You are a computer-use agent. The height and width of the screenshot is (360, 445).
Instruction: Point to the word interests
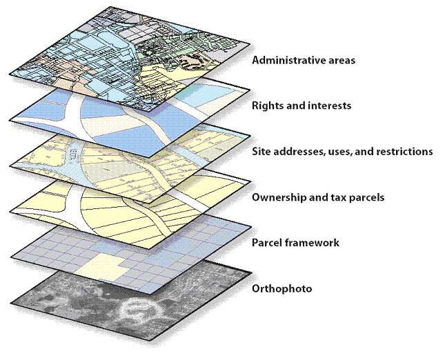pyautogui.click(x=330, y=106)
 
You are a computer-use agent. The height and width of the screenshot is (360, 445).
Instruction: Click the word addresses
pyautogui.click(x=301, y=152)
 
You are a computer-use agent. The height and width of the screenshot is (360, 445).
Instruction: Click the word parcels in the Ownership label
pyautogui.click(x=367, y=198)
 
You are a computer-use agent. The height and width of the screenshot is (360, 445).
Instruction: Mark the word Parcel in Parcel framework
pyautogui.click(x=268, y=243)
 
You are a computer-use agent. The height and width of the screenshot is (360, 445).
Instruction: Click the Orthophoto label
pyautogui.click(x=282, y=288)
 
